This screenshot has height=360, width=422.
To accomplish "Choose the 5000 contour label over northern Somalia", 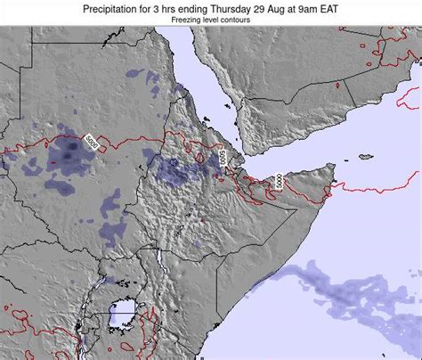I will [278, 181].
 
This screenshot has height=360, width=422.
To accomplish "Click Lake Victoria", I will [121, 314].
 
